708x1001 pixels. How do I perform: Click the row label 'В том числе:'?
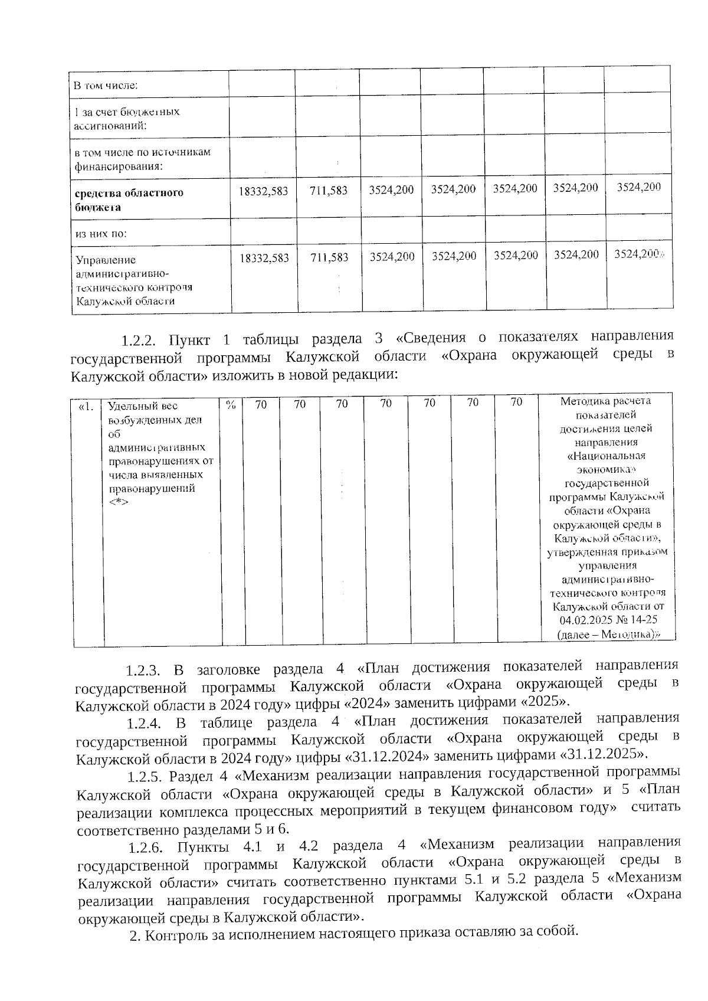pyautogui.click(x=105, y=85)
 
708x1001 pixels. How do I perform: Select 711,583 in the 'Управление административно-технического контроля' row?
pyautogui.click(x=329, y=257)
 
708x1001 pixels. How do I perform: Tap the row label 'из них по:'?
pyautogui.click(x=101, y=233)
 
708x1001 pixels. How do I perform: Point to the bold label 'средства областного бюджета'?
pyautogui.click(x=129, y=199)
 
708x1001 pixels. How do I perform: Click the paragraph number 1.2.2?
pyautogui.click(x=138, y=341)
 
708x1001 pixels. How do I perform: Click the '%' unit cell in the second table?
pyautogui.click(x=232, y=404)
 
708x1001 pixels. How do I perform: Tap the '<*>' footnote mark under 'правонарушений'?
pyautogui.click(x=119, y=502)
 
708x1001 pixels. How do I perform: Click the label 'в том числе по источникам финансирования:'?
pyautogui.click(x=142, y=159)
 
